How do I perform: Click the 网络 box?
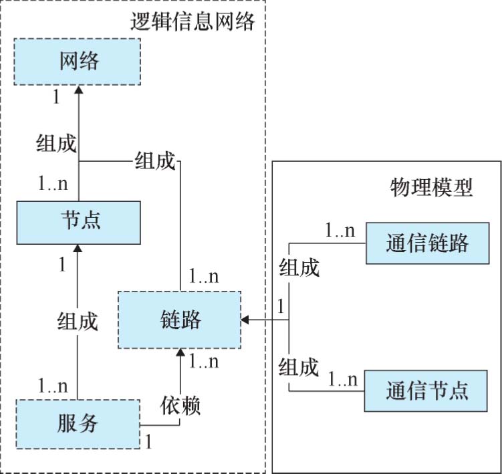79,62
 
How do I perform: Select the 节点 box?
79,221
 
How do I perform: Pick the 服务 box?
79,423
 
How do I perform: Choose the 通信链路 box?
427,243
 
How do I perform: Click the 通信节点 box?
427,390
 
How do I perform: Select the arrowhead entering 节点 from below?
79,248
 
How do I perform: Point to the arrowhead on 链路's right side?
247,320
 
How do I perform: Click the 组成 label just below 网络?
56,144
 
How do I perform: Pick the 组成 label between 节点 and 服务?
78,322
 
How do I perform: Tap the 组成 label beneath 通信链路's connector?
299,269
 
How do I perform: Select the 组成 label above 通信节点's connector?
299,366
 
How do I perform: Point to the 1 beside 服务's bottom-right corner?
148,441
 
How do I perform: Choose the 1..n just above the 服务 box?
53,386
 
